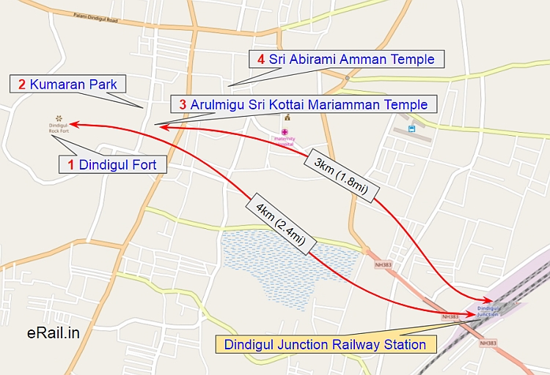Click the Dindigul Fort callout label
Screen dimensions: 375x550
pos(112,164)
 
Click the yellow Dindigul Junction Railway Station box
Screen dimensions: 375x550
pos(325,344)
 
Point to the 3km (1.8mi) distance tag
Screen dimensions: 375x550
pos(341,177)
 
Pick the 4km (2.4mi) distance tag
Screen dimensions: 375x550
pos(282,224)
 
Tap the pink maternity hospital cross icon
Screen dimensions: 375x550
pos(285,131)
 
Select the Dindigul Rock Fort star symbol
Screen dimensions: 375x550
pos(59,117)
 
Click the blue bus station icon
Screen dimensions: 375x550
pos(411,128)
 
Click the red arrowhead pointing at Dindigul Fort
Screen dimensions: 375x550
pos(74,124)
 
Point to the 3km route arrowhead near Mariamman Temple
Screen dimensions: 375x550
pos(164,127)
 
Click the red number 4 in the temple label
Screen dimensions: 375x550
pos(252,59)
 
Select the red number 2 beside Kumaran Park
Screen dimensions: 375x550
pos(22,84)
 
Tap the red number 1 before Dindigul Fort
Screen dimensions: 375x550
pos(71,164)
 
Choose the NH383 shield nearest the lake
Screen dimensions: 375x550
pos(382,265)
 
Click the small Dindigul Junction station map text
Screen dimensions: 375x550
pos(488,310)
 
